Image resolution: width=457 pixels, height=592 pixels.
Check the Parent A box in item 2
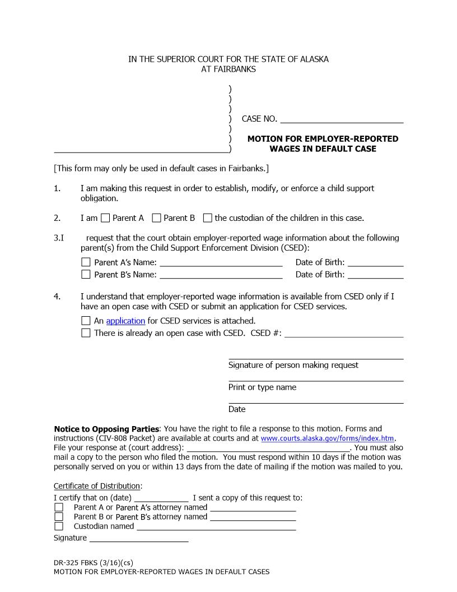pos(105,218)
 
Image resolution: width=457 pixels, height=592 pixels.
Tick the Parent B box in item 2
pos(157,218)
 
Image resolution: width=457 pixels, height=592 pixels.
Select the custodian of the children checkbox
pos(208,218)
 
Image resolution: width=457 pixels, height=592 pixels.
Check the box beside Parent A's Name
pos(86,262)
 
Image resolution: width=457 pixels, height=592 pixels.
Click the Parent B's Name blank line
pos(221,274)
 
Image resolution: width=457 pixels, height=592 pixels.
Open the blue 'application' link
pos(125,321)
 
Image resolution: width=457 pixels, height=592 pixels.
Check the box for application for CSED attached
pos(86,321)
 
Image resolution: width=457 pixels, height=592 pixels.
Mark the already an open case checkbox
pos(86,333)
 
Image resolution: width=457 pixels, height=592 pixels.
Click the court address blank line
pos(268,447)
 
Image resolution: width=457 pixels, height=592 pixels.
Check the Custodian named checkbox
pos(59,526)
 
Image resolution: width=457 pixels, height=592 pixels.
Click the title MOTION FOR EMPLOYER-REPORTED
pos(323,139)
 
